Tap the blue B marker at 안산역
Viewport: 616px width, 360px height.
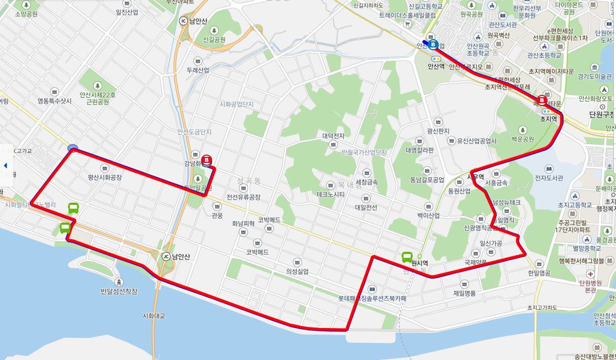433,45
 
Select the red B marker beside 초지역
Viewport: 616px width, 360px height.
542,101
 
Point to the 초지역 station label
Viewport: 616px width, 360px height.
549,119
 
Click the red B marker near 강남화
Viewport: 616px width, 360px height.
207,160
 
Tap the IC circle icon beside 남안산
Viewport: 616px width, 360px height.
184,21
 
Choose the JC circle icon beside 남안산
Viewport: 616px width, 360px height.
166,257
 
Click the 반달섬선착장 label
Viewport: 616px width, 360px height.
119,291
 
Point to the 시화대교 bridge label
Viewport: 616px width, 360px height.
154,316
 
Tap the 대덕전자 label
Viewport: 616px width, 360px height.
333,136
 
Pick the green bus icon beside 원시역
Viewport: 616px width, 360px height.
407,257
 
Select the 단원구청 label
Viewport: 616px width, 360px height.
602,115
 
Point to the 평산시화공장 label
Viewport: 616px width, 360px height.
104,178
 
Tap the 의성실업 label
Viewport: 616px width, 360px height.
297,271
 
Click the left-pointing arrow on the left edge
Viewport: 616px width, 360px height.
5,165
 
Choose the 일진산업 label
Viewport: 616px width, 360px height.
127,12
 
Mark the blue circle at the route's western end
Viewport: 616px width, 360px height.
72,148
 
